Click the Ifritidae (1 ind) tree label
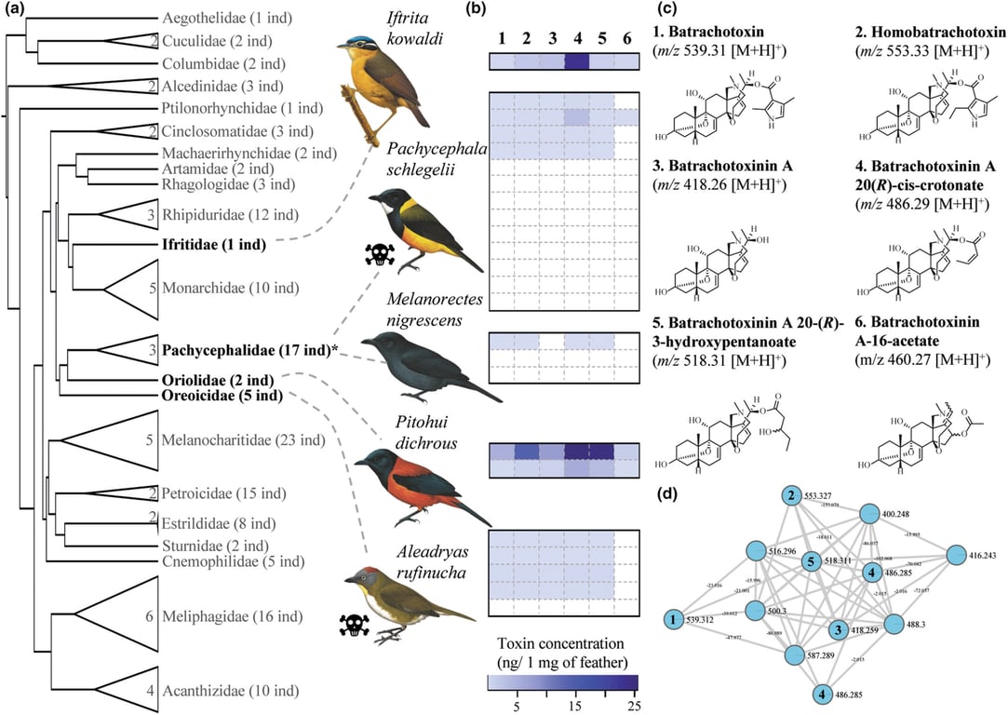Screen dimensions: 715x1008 214,245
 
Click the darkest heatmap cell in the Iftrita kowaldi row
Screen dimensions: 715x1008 577,62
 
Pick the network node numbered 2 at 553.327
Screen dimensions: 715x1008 790,494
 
